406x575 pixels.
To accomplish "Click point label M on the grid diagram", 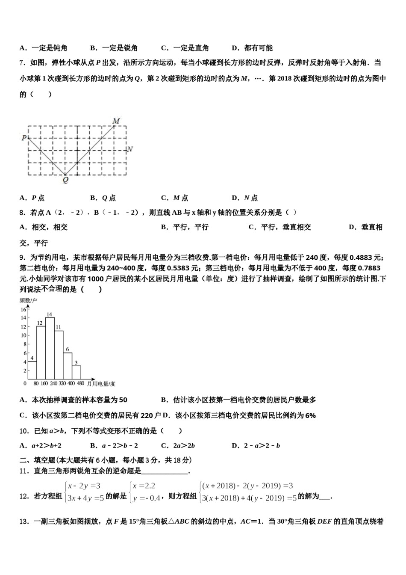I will point(116,121).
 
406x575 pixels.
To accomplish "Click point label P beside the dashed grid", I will point(24,138).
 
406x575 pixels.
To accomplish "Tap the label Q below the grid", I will point(65,181).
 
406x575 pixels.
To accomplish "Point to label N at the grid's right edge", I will point(130,149).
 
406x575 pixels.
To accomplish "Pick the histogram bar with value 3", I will point(76,372).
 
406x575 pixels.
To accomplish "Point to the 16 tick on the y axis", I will point(24,309).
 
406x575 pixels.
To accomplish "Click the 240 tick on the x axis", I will point(54,384).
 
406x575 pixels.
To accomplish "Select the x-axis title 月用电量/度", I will point(101,384).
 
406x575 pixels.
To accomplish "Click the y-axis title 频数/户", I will point(28,301).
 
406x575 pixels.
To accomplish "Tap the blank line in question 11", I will point(165,472).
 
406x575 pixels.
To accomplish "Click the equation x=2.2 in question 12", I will point(144,486).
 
